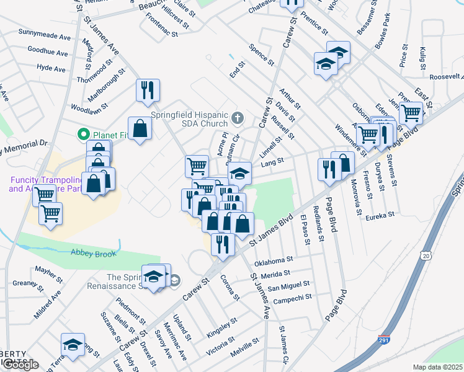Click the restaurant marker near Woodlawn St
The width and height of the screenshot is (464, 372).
tap(148, 91)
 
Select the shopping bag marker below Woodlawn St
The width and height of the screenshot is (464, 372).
tap(140, 129)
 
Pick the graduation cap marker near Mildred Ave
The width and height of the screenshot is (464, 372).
tap(73, 345)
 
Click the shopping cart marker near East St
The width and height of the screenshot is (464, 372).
tap(411, 113)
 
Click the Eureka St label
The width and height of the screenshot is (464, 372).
tap(380, 216)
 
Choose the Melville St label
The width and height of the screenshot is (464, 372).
tap(243, 344)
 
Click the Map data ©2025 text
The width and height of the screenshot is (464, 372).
tap(437, 367)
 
